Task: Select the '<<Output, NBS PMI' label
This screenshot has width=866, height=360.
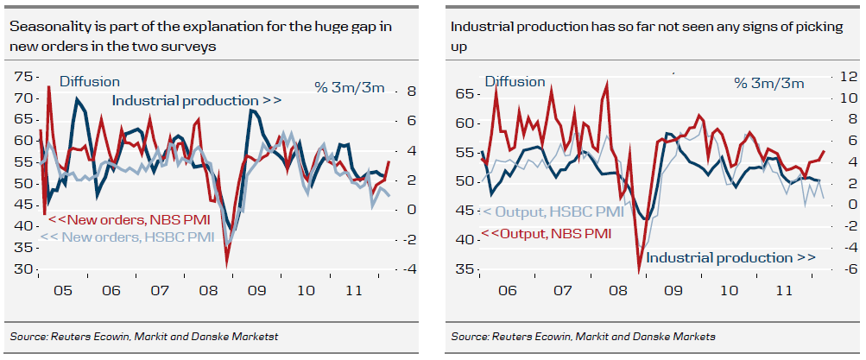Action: pos(546,233)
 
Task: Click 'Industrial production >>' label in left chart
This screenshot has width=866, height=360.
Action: pos(197,101)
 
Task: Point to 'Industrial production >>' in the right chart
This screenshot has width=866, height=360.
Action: pos(730,257)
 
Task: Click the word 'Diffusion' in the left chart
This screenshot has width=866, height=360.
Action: pos(89,81)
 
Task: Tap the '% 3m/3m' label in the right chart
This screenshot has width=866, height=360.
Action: pos(768,83)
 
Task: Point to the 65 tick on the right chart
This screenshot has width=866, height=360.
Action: pos(465,92)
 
